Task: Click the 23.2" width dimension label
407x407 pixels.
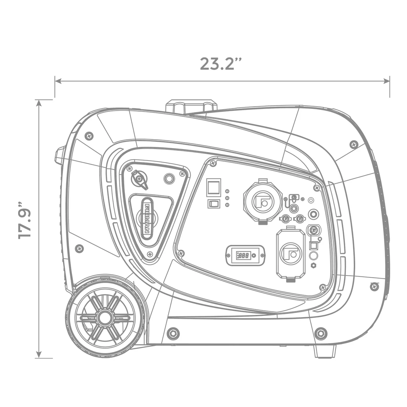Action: click(221, 64)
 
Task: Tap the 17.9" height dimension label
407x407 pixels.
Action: click(25, 220)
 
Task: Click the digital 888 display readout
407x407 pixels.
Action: click(244, 255)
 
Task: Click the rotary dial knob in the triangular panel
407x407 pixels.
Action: click(139, 179)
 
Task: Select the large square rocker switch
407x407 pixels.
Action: click(213, 187)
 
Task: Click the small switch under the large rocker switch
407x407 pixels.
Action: click(213, 203)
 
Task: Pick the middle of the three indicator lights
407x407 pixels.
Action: click(227, 198)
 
